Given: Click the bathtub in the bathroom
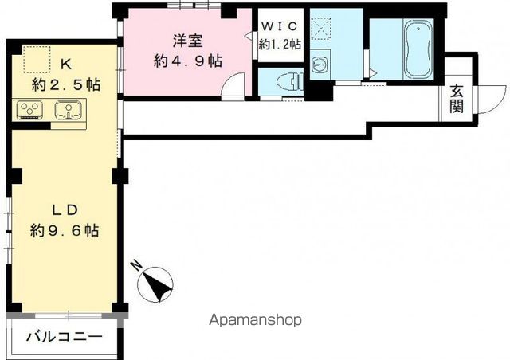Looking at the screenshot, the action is pos(418,49).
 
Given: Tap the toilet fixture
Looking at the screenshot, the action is pos(291,81).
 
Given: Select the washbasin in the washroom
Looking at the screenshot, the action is pos(320,65).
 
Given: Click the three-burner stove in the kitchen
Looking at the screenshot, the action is pos(30,109).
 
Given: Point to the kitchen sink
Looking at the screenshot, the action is pos(68,109).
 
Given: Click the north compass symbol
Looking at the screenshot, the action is pos(155,282).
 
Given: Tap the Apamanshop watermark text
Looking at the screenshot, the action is pos(255,320).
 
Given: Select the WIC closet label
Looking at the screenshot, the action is pos(280,26).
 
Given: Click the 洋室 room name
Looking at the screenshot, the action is pos(188,41).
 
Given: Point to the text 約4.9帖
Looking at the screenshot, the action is pos(188,61).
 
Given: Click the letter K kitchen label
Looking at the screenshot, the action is pos(66,65).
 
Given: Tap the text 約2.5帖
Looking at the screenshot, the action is pos(65,85).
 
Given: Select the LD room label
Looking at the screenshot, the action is pos(65,210).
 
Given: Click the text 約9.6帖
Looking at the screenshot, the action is pos(65,230).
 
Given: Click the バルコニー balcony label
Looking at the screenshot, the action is pos(65,337).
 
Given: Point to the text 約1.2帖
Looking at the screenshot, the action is pos(280,44).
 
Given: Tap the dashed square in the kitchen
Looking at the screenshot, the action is pos(37,59).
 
